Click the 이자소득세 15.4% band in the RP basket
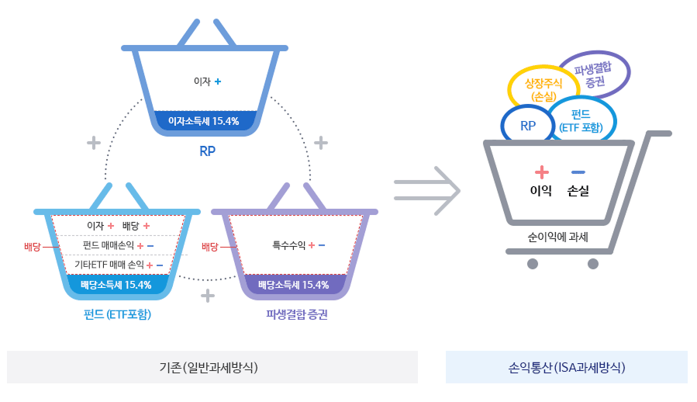[x=205, y=121]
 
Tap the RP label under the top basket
[x=207, y=151]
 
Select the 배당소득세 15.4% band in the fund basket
[x=116, y=285]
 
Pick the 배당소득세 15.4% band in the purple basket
[x=294, y=285]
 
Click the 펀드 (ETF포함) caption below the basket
[x=117, y=314]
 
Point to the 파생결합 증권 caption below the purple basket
[x=296, y=314]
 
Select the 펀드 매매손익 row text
[x=109, y=245]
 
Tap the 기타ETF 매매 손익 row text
[x=109, y=265]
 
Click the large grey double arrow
[x=427, y=189]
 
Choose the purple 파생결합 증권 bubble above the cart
[x=595, y=75]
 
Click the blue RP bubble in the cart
[x=528, y=125]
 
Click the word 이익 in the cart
[x=540, y=191]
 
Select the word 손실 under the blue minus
[x=578, y=191]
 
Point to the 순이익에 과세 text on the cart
[x=557, y=237]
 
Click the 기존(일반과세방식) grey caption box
[x=212, y=367]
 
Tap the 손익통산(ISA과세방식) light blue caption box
[x=566, y=367]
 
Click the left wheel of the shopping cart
[x=532, y=264]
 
